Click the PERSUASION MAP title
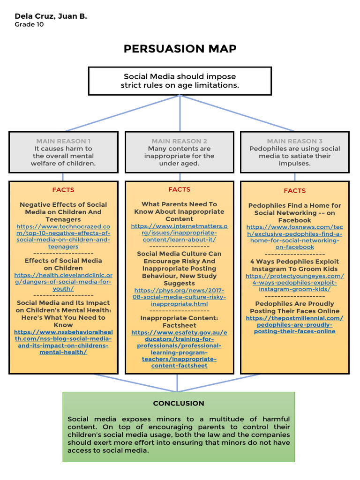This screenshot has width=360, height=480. click(180, 49)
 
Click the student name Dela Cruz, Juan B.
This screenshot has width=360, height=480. click(51, 16)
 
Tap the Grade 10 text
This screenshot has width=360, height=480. click(30, 25)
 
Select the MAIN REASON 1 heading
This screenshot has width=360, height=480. click(63, 141)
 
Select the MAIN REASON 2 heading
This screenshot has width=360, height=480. click(179, 141)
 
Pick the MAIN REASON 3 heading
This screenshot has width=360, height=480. click(295, 141)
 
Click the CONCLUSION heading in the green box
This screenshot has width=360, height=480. click(179, 403)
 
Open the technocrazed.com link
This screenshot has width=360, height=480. click(63, 236)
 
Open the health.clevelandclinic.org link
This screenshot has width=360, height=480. click(63, 282)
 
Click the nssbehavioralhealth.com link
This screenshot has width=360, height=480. click(63, 342)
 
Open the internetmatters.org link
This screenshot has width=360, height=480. click(179, 232)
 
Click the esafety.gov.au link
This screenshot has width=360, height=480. click(179, 349)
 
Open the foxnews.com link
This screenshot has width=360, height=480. click(295, 237)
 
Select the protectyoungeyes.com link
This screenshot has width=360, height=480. click(295, 283)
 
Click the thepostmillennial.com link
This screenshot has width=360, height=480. click(295, 324)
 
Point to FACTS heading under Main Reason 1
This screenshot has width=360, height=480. click(63, 190)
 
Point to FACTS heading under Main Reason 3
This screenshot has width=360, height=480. click(295, 191)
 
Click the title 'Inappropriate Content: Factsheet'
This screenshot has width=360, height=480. click(179, 322)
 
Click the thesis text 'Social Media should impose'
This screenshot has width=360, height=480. click(180, 76)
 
